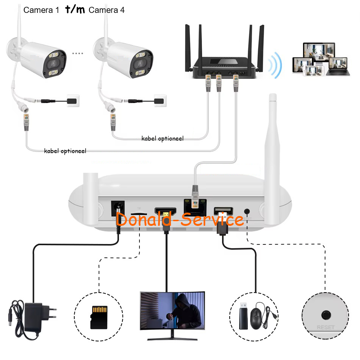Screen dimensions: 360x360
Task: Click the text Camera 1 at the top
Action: [x=41, y=10]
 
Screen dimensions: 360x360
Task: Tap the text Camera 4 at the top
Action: [x=106, y=10]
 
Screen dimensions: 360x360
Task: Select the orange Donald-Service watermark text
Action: [x=180, y=219]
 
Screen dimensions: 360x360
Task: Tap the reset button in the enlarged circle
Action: [x=325, y=315]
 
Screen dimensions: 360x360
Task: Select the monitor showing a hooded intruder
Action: [x=172, y=311]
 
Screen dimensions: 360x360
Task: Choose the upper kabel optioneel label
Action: [x=163, y=139]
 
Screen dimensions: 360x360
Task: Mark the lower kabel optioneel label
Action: [x=65, y=151]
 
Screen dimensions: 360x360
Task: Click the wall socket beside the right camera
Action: [x=159, y=100]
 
